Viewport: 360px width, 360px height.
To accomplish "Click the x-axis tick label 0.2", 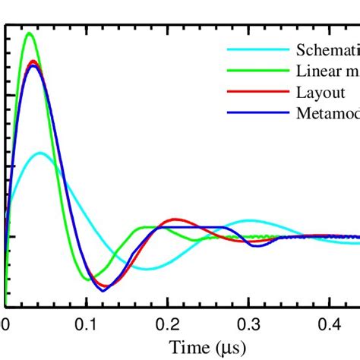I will click(167, 324).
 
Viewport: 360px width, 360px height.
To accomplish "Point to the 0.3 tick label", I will click(248, 324).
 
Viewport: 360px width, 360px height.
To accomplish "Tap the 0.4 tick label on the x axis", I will click(328, 324).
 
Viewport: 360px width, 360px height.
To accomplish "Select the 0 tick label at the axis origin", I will click(6, 324).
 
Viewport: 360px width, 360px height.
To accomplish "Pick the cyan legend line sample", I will click(258, 51).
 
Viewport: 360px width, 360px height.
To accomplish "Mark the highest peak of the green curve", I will click(29, 33).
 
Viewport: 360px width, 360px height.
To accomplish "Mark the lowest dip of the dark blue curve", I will click(103, 289).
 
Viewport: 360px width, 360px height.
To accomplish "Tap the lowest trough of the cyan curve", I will click(143, 269).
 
